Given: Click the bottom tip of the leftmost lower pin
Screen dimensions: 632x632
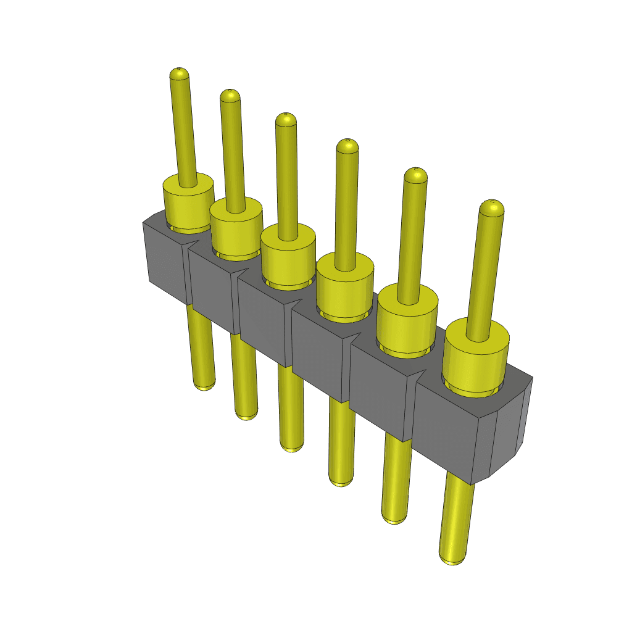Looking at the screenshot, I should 204,385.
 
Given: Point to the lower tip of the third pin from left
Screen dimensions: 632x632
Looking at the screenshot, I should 291,446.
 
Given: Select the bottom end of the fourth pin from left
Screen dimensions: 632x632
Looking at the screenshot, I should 341,481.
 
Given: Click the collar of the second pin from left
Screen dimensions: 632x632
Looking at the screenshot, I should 236,228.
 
